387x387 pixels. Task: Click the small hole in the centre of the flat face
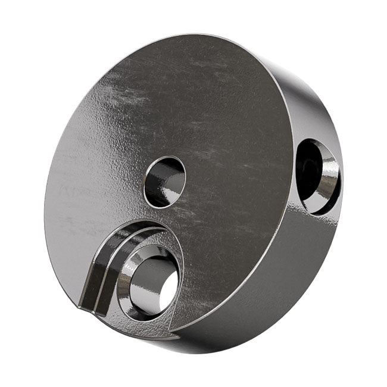point(165,182)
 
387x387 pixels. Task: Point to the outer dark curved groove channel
point(92,277)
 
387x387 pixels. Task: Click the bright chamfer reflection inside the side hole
point(327,185)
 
